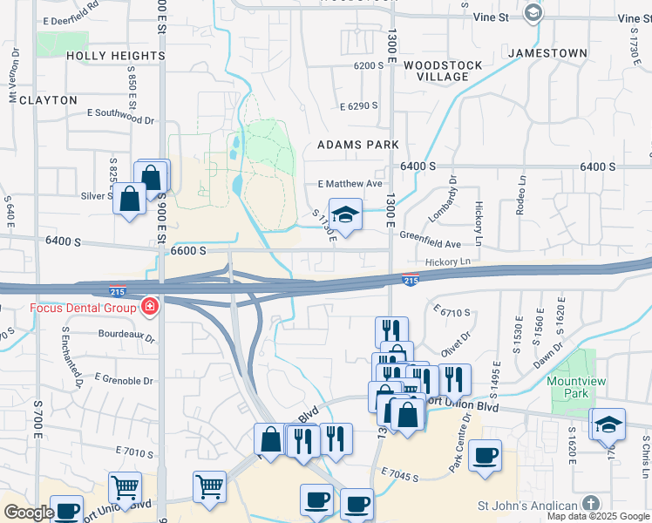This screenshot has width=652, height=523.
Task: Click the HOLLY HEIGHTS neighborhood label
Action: click(x=115, y=56)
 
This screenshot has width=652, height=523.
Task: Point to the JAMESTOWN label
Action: click(x=547, y=53)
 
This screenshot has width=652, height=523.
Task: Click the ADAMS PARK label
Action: click(x=358, y=145)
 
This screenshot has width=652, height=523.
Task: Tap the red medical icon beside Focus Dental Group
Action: click(x=150, y=308)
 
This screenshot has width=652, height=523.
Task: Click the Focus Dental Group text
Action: click(x=84, y=308)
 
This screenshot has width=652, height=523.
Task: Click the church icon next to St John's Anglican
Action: click(x=590, y=505)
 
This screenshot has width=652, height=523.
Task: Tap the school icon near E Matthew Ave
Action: click(x=345, y=214)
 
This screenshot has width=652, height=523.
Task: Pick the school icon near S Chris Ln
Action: click(x=607, y=425)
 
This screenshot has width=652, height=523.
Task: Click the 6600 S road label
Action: click(x=188, y=250)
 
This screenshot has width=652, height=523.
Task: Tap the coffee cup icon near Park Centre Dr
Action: click(x=485, y=455)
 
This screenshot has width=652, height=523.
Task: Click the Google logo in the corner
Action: click(x=29, y=512)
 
